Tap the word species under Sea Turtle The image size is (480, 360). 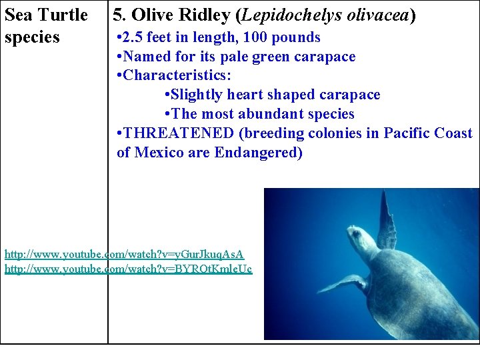pos(32,37)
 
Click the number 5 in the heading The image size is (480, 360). pos(117,15)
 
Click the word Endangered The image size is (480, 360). pos(257,153)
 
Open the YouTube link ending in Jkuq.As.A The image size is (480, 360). pos(124,254)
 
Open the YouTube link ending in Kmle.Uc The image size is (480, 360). pos(128,269)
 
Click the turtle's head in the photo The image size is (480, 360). pos(361,235)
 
